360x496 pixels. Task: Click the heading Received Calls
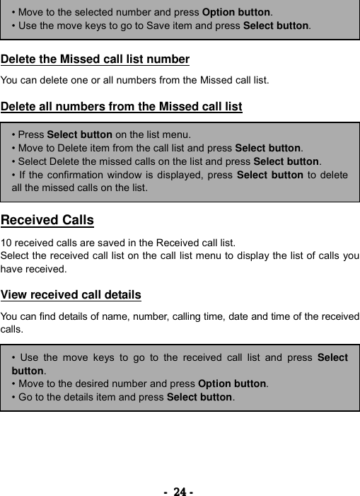pyautogui.click(x=47, y=220)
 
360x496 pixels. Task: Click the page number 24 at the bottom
pyautogui.click(x=180, y=491)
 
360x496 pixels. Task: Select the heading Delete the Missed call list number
pyautogui.click(x=95, y=59)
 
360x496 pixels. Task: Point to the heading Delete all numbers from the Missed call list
pyautogui.click(x=122, y=107)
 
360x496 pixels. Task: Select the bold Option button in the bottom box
pyautogui.click(x=232, y=383)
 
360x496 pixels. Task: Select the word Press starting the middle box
pyautogui.click(x=31, y=134)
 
